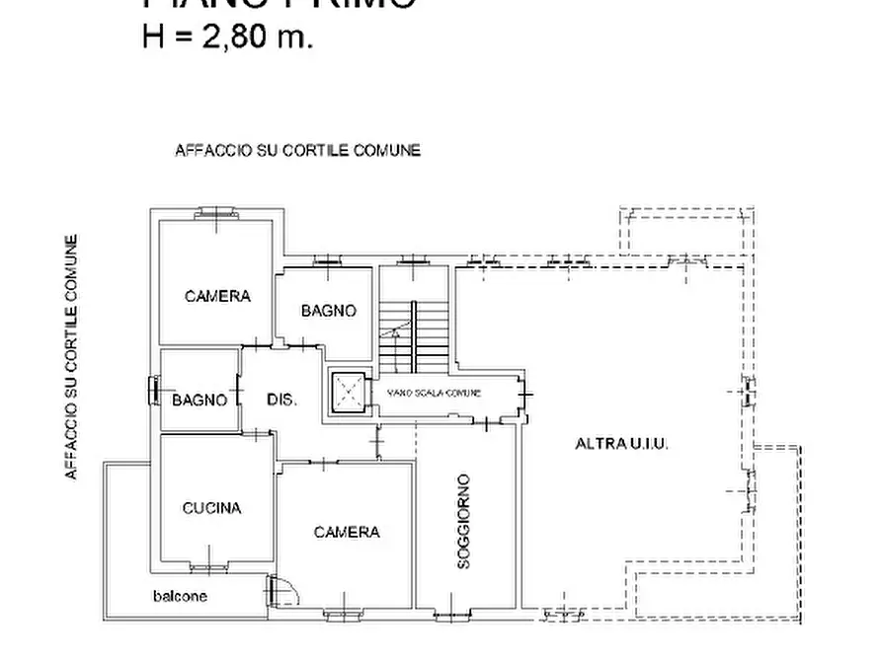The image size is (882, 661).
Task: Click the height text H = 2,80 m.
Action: tap(228, 38)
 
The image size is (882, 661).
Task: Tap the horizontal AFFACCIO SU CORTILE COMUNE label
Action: tap(297, 151)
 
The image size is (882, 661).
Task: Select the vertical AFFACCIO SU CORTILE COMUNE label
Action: tap(71, 357)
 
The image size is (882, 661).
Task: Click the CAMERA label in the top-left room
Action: tap(217, 296)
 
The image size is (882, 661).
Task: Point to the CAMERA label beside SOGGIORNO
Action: tap(347, 533)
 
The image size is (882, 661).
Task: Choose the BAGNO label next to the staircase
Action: tap(329, 311)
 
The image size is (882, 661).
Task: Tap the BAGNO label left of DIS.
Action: tap(200, 400)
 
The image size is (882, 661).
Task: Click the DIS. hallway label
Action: tap(281, 400)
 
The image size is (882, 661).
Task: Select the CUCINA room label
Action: tap(211, 508)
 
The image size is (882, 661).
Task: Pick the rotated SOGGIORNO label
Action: tap(464, 522)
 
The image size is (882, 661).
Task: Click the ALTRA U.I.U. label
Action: tap(622, 444)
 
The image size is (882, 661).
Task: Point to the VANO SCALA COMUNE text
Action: tap(435, 393)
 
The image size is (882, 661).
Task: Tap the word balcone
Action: tap(180, 596)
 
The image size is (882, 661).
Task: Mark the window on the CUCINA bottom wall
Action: tap(209, 567)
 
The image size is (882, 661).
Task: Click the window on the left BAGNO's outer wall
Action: tap(153, 391)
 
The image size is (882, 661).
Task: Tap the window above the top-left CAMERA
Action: tap(215, 213)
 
